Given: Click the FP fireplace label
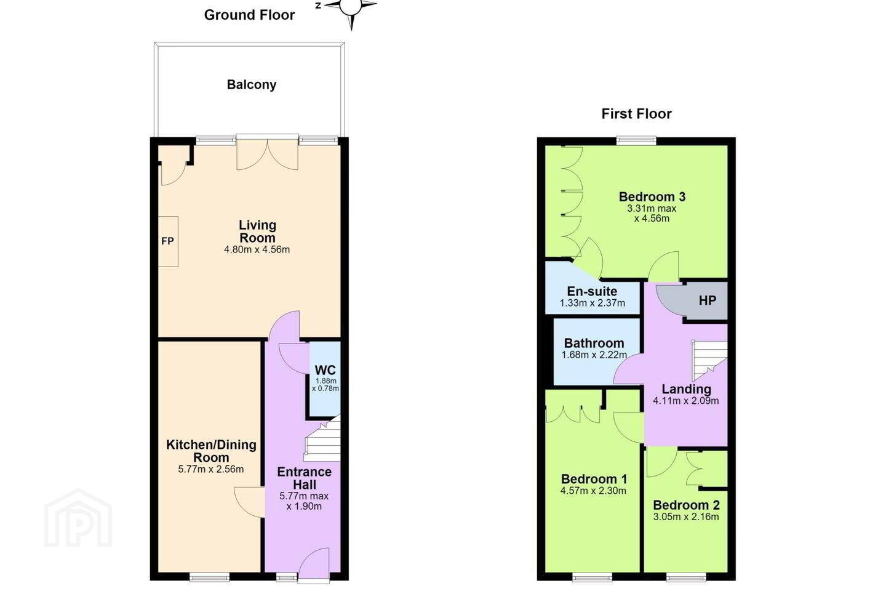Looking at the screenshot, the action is click(168, 241).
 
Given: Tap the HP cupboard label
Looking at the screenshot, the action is click(707, 300).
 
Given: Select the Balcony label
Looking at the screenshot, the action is click(252, 85).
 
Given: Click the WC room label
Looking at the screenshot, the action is click(325, 370).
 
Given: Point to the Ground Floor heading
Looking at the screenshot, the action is click(249, 15).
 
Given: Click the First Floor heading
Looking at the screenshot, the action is click(636, 114).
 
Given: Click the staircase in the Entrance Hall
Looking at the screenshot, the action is click(322, 438).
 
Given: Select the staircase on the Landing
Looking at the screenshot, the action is click(709, 360).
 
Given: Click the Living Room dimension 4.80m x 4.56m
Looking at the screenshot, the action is click(257, 250).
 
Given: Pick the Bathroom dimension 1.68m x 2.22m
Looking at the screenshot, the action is click(594, 355).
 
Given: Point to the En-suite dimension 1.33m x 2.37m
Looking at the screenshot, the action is click(593, 304).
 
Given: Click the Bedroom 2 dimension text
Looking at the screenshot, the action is click(686, 517).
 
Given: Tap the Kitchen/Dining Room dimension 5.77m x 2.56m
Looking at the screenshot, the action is click(211, 470).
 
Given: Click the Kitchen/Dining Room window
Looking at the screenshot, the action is click(210, 577).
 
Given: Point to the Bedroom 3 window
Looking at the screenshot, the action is click(636, 140).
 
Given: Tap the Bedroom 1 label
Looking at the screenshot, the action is click(594, 479).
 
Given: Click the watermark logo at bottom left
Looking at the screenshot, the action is click(78, 518).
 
